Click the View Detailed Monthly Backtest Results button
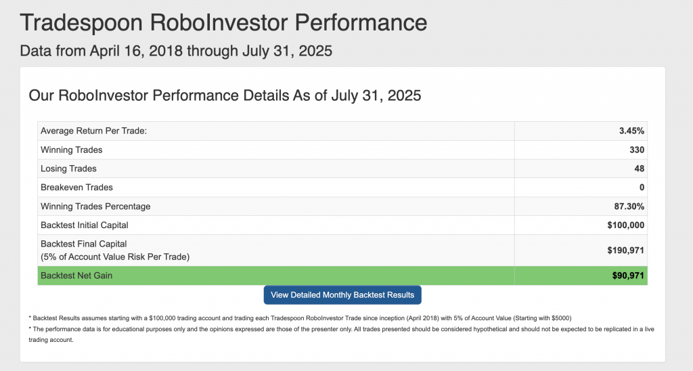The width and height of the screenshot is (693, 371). (x=342, y=295)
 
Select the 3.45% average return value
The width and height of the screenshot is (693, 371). (x=631, y=131)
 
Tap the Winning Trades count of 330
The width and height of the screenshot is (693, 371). (x=637, y=150)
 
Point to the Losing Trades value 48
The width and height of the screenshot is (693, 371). (x=639, y=169)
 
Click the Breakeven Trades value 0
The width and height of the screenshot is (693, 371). (x=642, y=188)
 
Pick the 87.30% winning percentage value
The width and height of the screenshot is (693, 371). (x=629, y=206)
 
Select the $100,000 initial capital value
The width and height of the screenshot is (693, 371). (x=626, y=225)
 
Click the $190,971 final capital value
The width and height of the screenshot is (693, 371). (x=626, y=250)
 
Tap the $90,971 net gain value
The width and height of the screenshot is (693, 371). (x=628, y=276)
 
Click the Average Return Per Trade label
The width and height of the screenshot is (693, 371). (x=93, y=131)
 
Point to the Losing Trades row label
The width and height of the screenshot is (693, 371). (x=68, y=169)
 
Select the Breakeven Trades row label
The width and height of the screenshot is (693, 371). (x=76, y=188)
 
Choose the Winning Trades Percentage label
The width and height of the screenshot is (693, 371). (x=95, y=206)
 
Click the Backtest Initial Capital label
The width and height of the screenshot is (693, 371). (x=85, y=225)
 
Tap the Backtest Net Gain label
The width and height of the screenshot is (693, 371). (x=76, y=276)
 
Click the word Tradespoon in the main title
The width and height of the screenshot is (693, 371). (x=81, y=23)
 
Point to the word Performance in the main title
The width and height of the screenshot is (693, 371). (x=361, y=22)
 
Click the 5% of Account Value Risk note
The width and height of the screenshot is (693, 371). (x=115, y=257)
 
